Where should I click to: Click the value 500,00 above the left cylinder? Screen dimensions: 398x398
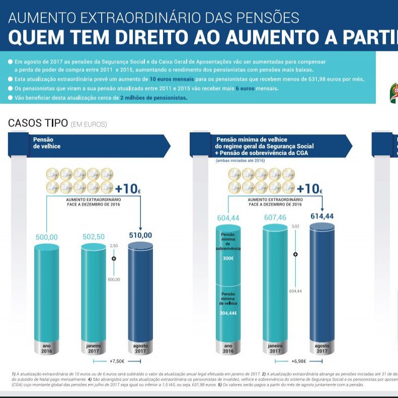[x=47, y=237]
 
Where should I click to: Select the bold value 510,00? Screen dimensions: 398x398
[x=140, y=235]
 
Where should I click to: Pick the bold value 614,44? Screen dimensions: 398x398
[x=322, y=216]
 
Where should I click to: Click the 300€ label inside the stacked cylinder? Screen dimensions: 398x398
[x=228, y=258]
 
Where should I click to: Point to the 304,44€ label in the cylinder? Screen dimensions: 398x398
[x=228, y=312]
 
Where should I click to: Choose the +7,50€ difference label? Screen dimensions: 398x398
[x=117, y=361]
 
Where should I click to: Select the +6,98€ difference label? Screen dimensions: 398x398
[x=299, y=361]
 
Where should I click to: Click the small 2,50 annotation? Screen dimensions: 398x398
[x=114, y=246]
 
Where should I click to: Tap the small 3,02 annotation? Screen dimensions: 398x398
[x=296, y=227]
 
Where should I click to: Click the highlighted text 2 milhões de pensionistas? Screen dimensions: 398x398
[x=153, y=98]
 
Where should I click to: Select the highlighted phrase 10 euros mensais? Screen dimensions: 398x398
[x=172, y=79]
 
